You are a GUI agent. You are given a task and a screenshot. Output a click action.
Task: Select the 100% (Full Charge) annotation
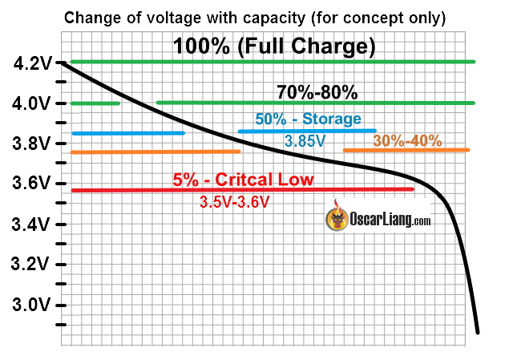point(275,47)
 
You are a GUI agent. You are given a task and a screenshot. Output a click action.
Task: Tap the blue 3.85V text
point(305,140)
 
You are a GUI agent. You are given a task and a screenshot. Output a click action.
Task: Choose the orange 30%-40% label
point(407,140)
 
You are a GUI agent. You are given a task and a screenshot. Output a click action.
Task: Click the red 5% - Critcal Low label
point(243,180)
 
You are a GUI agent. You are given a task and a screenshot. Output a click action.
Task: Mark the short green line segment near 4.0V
point(95,103)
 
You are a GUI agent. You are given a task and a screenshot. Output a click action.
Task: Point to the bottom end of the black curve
point(478,330)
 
